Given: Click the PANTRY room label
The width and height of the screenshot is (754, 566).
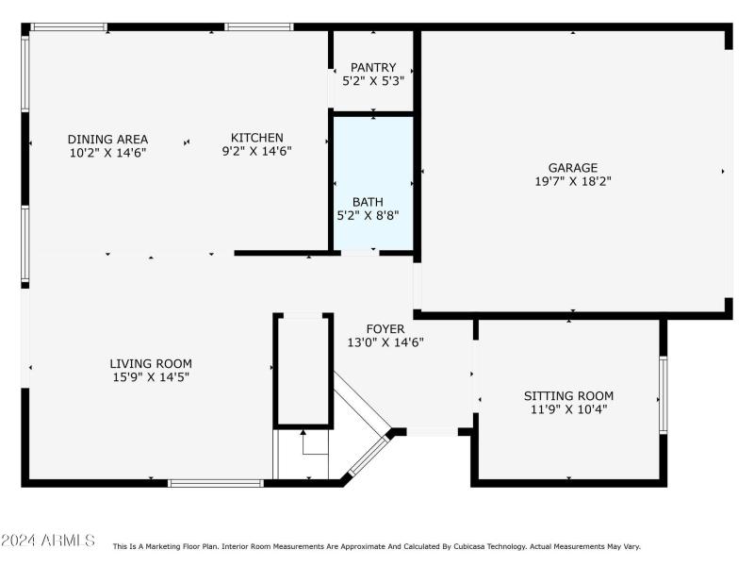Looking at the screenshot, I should pos(373,67).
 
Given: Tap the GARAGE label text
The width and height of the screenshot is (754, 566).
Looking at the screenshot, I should pos(573,168).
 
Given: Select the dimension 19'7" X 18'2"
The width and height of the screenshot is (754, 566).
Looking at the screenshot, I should pos(573,182).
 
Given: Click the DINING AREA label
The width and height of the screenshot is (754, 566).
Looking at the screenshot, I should pos(107,139).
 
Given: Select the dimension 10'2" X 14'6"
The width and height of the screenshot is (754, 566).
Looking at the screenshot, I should pos(107,152).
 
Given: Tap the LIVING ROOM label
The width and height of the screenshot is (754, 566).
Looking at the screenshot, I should pos(151,363).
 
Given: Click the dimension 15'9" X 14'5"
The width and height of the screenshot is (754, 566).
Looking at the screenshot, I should pos(151,376).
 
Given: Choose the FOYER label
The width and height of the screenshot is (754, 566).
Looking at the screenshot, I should pos(385,329).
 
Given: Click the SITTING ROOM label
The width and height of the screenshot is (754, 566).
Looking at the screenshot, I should pos(568,395).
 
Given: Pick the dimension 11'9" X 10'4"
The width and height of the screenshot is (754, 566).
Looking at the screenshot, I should pos(568,409).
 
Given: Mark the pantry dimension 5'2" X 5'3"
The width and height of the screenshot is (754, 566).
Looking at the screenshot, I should pos(373,81).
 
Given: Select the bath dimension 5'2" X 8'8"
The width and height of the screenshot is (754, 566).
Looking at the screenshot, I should pos(368,215).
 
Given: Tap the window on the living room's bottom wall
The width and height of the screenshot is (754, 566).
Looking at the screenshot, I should pos(215,483).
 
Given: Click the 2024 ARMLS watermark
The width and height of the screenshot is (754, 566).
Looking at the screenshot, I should pos(48,541).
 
